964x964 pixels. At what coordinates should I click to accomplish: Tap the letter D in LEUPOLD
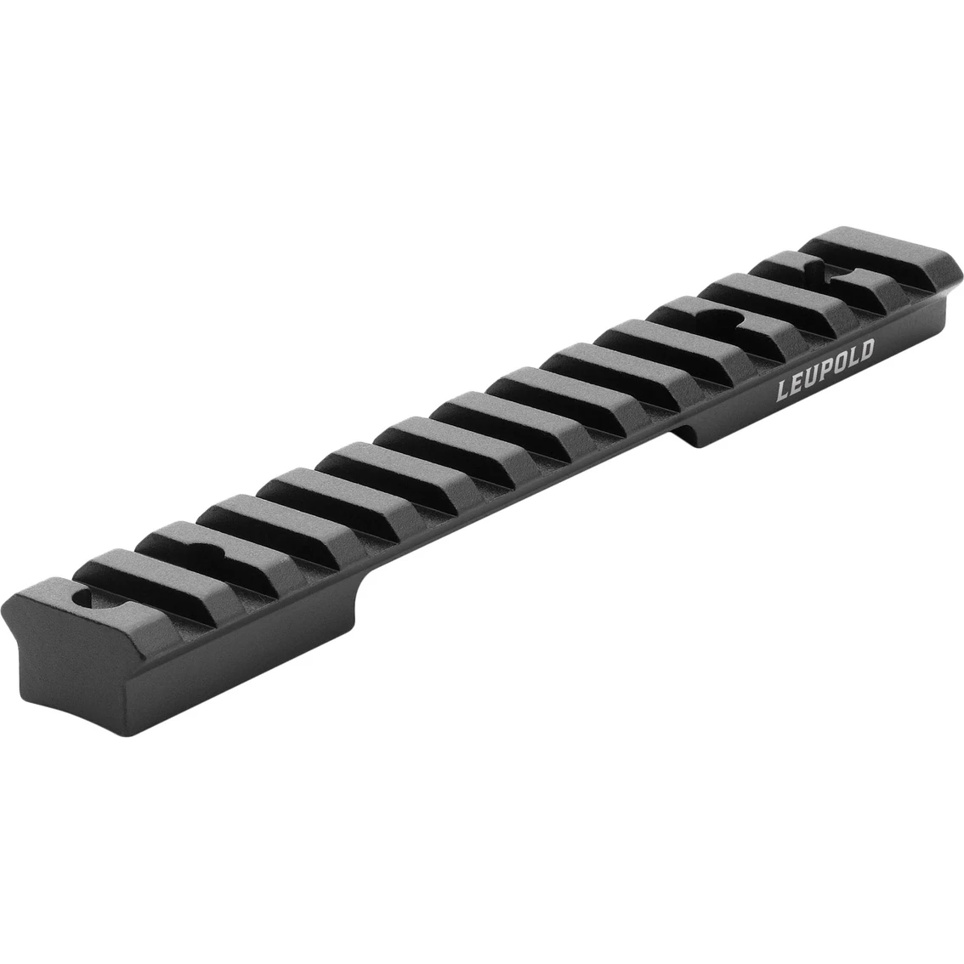(865, 353)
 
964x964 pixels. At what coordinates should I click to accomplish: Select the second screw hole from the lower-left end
(199, 553)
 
